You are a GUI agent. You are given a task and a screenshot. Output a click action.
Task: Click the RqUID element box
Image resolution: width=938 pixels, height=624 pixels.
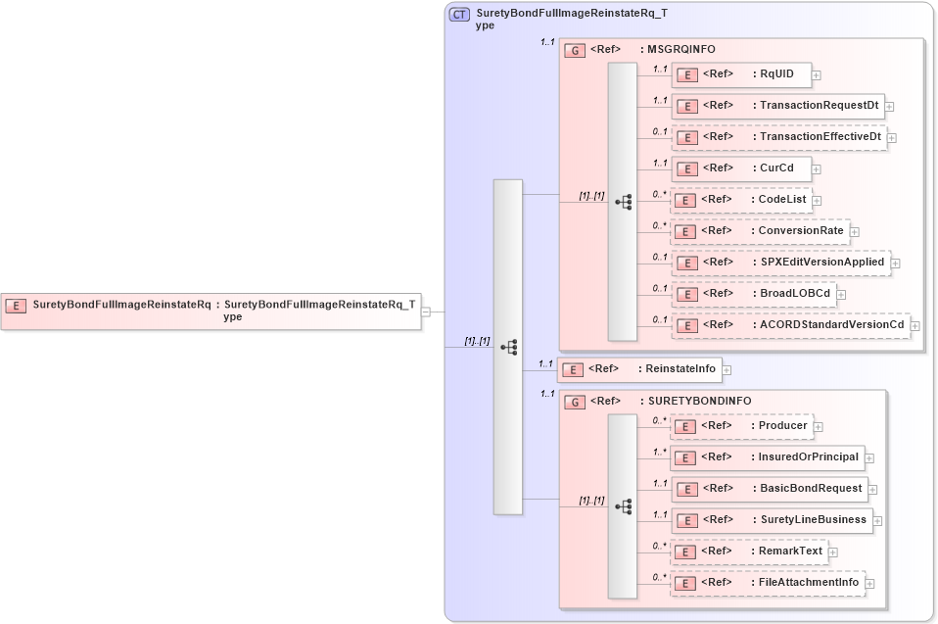[739, 74]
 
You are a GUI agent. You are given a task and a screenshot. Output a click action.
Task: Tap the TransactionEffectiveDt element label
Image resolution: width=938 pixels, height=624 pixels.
[821, 137]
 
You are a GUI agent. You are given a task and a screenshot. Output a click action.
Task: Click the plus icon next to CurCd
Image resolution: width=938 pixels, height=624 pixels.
[819, 168]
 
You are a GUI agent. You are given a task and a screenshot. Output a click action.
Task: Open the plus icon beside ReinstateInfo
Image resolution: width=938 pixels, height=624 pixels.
[727, 370]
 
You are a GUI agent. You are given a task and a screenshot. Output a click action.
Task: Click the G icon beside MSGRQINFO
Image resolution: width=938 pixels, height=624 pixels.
[577, 50]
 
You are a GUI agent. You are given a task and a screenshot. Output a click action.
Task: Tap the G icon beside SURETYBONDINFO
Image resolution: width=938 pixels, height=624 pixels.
[577, 402]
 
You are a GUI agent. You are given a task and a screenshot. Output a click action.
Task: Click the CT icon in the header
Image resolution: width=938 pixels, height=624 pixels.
[458, 15]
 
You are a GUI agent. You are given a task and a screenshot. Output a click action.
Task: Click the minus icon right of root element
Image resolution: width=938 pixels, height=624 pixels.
[426, 312]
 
